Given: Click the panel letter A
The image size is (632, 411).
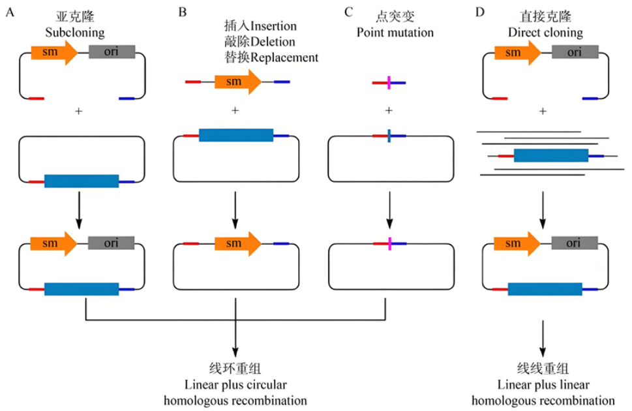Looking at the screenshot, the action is coord(10,12).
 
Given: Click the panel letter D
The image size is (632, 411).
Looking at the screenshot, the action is coord(479,12).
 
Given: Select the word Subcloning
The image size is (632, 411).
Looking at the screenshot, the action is coord(75,32).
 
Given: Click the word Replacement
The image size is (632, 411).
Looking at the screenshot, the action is coord(284,57).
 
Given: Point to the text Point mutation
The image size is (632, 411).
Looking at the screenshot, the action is coord(395,32).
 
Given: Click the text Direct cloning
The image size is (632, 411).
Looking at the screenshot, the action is coord(545,32).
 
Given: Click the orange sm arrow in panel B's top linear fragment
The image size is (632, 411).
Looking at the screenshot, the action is coord(238,82).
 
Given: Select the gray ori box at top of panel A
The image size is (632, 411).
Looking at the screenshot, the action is coord(112,52).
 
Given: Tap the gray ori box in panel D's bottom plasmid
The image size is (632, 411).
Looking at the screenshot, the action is coord(575,243).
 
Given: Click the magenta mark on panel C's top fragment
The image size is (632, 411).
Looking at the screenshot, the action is coord(389,83).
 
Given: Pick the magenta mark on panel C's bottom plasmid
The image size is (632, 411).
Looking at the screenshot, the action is coord(390,243).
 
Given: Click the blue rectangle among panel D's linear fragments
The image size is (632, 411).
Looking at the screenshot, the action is coord(551,155).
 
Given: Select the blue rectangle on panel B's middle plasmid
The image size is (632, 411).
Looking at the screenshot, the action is coord(236,135).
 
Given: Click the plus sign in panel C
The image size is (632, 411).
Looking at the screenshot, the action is coord(389,110).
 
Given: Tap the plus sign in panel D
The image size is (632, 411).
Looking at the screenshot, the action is coord(543,111).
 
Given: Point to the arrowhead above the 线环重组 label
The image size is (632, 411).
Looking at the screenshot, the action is coord(235,352).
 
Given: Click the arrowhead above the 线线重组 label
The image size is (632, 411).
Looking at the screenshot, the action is coord(543,352).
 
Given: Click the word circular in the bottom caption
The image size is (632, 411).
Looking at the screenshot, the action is coord(267,384).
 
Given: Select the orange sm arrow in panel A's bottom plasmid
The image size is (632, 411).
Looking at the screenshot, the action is coord(53,243).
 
